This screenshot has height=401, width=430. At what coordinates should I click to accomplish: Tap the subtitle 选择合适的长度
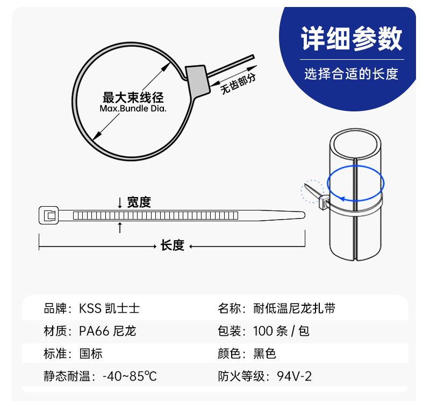352,74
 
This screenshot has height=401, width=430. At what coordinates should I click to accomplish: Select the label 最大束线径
133,98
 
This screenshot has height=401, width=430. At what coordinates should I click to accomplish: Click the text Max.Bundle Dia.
133,109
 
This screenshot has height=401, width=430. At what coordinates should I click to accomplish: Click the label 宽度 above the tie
139,202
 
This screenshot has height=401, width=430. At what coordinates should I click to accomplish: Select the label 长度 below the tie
172,246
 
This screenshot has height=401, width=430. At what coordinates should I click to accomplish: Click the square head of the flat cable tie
49,216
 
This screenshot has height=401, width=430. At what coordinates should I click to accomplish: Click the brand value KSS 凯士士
110,309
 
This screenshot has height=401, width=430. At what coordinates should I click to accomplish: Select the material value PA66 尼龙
107,331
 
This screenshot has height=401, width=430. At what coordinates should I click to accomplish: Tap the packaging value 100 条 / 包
281,331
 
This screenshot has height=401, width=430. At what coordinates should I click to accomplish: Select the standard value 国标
91,354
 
